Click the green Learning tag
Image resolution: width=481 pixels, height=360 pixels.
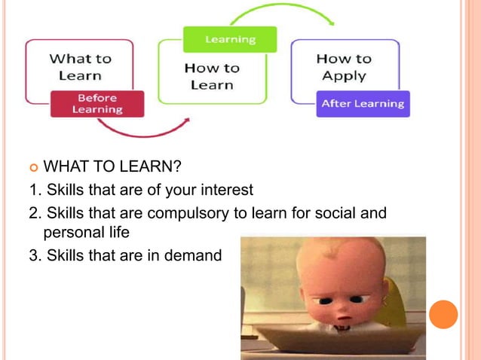coord(230,39)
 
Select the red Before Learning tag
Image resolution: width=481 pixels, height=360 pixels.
coord(97,104)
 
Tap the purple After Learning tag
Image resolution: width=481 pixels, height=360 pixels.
coord(362,104)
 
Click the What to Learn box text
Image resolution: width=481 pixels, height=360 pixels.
coord(80,66)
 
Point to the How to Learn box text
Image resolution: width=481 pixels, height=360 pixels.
coord(211,76)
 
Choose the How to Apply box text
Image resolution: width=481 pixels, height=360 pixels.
coord(343,67)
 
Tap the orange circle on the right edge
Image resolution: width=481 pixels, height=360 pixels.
coord(443,314)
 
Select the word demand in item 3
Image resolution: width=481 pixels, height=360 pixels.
coord(197,256)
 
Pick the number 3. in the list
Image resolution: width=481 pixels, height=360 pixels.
coord(35,256)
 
